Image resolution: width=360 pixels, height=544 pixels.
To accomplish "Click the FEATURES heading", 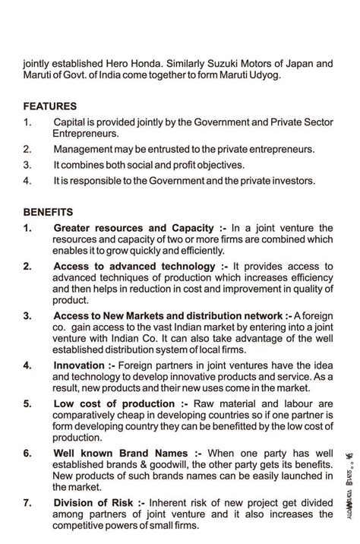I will coord(49,106).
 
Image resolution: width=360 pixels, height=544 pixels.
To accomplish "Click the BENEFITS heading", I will coord(48,212).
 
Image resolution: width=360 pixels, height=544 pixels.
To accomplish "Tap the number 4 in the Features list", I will coord(27,181).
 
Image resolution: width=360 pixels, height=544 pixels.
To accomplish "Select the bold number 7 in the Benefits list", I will coord(27,502).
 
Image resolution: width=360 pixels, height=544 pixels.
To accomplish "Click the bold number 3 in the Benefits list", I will coord(27,315).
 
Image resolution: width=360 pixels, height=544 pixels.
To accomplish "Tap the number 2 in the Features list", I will coord(27,149).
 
